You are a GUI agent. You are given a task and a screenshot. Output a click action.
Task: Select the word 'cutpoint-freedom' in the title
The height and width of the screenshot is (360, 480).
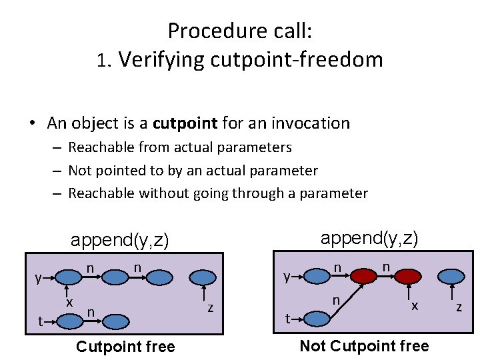(297, 60)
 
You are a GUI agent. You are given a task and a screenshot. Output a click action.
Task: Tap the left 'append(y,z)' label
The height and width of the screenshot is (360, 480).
(120, 240)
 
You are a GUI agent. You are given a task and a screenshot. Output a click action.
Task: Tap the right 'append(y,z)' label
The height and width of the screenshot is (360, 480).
(369, 238)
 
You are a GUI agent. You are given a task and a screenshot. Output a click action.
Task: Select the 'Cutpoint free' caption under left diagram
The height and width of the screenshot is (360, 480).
(125, 346)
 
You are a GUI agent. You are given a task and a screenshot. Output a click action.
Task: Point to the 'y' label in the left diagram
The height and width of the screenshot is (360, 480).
(39, 278)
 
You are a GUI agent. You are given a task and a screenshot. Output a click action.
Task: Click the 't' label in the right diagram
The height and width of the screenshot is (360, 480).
(288, 318)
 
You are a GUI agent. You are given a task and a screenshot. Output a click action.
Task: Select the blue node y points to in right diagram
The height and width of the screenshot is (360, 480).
(317, 275)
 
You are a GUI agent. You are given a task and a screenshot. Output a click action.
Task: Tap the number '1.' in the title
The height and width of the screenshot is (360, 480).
(105, 61)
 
